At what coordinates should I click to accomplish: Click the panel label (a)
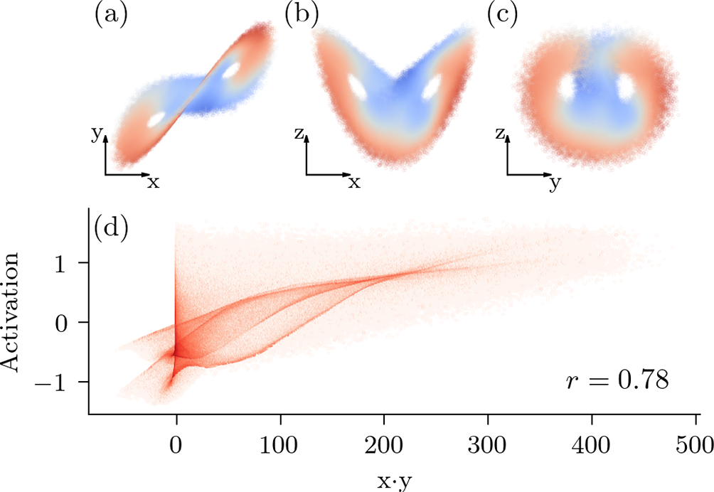coord(110,14)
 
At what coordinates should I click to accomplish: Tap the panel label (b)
coord(300,14)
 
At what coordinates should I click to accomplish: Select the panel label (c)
coord(503,14)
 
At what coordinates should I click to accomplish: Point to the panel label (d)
coord(110,230)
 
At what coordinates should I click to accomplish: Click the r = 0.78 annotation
coord(617,380)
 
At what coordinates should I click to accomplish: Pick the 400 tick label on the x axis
coord(592,448)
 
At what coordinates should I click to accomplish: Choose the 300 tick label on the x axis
coord(488,448)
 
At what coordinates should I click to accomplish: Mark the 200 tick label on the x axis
coord(384,448)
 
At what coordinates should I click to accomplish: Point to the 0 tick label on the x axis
coord(176,448)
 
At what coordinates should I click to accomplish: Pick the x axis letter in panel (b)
coord(354,183)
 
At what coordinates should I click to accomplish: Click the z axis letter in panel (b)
coord(298,134)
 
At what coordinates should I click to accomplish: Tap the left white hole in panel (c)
coord(567,89)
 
